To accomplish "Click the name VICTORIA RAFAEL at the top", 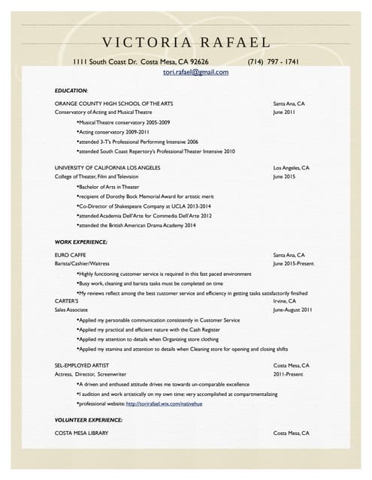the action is (x=186, y=42).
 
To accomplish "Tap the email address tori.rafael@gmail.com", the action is (x=195, y=73).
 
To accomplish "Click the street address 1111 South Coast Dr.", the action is (x=105, y=61).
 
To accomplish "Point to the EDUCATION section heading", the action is (x=71, y=90).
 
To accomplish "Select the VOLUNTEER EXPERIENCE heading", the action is (x=89, y=419).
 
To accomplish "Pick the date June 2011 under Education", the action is (x=284, y=112).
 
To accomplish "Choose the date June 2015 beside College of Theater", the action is (x=284, y=176).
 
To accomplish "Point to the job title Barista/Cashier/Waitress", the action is (x=82, y=264).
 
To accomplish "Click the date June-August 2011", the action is (x=292, y=310).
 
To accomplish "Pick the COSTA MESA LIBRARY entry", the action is (x=82, y=433).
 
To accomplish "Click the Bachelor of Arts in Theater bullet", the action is (x=109, y=187).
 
